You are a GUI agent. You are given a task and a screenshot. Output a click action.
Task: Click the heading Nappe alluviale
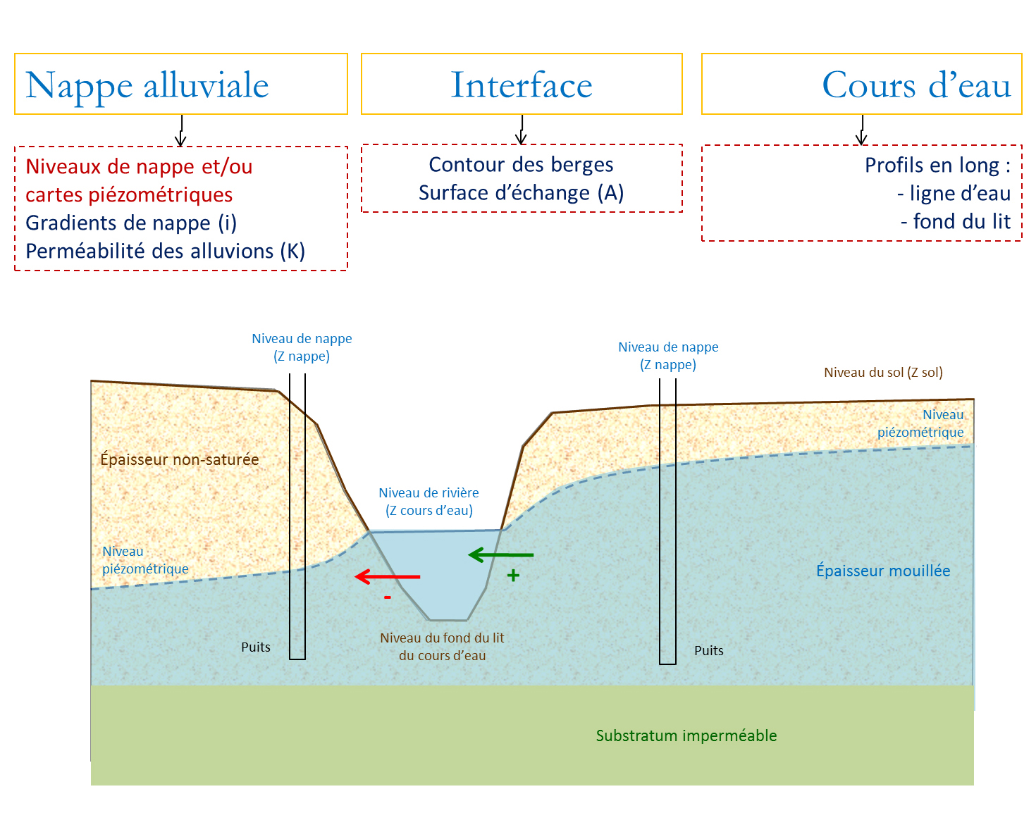coord(147,85)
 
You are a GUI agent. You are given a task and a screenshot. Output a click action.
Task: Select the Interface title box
coord(522,85)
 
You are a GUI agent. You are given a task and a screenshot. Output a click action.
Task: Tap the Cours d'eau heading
coord(915,85)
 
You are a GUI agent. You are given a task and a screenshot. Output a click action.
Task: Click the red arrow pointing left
coord(388,577)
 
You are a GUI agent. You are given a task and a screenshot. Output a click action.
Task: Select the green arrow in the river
coord(501,555)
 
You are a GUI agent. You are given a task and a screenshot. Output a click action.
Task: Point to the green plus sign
coord(514,576)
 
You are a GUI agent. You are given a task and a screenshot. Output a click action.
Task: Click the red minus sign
coord(388,597)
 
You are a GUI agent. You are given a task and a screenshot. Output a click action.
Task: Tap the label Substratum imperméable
coord(686,735)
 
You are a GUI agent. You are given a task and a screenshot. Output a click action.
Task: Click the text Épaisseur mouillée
coord(883,571)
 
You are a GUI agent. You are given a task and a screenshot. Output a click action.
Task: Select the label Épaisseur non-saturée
coord(180,459)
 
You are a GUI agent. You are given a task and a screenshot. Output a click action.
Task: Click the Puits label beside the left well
coord(256,647)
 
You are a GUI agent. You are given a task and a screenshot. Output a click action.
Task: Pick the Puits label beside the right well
coord(709,650)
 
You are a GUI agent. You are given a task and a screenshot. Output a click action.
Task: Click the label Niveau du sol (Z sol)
coord(883,372)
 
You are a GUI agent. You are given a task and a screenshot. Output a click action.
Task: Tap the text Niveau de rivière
coord(428,492)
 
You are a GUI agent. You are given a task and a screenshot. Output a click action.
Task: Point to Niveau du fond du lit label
coord(442,638)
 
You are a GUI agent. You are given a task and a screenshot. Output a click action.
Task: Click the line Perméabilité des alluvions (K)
coord(166,251)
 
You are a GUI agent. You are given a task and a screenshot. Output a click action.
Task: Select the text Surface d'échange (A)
coord(522,192)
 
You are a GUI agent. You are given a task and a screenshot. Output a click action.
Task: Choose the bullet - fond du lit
coord(956,221)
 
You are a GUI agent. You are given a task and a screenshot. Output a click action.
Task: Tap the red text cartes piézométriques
coord(129,194)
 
